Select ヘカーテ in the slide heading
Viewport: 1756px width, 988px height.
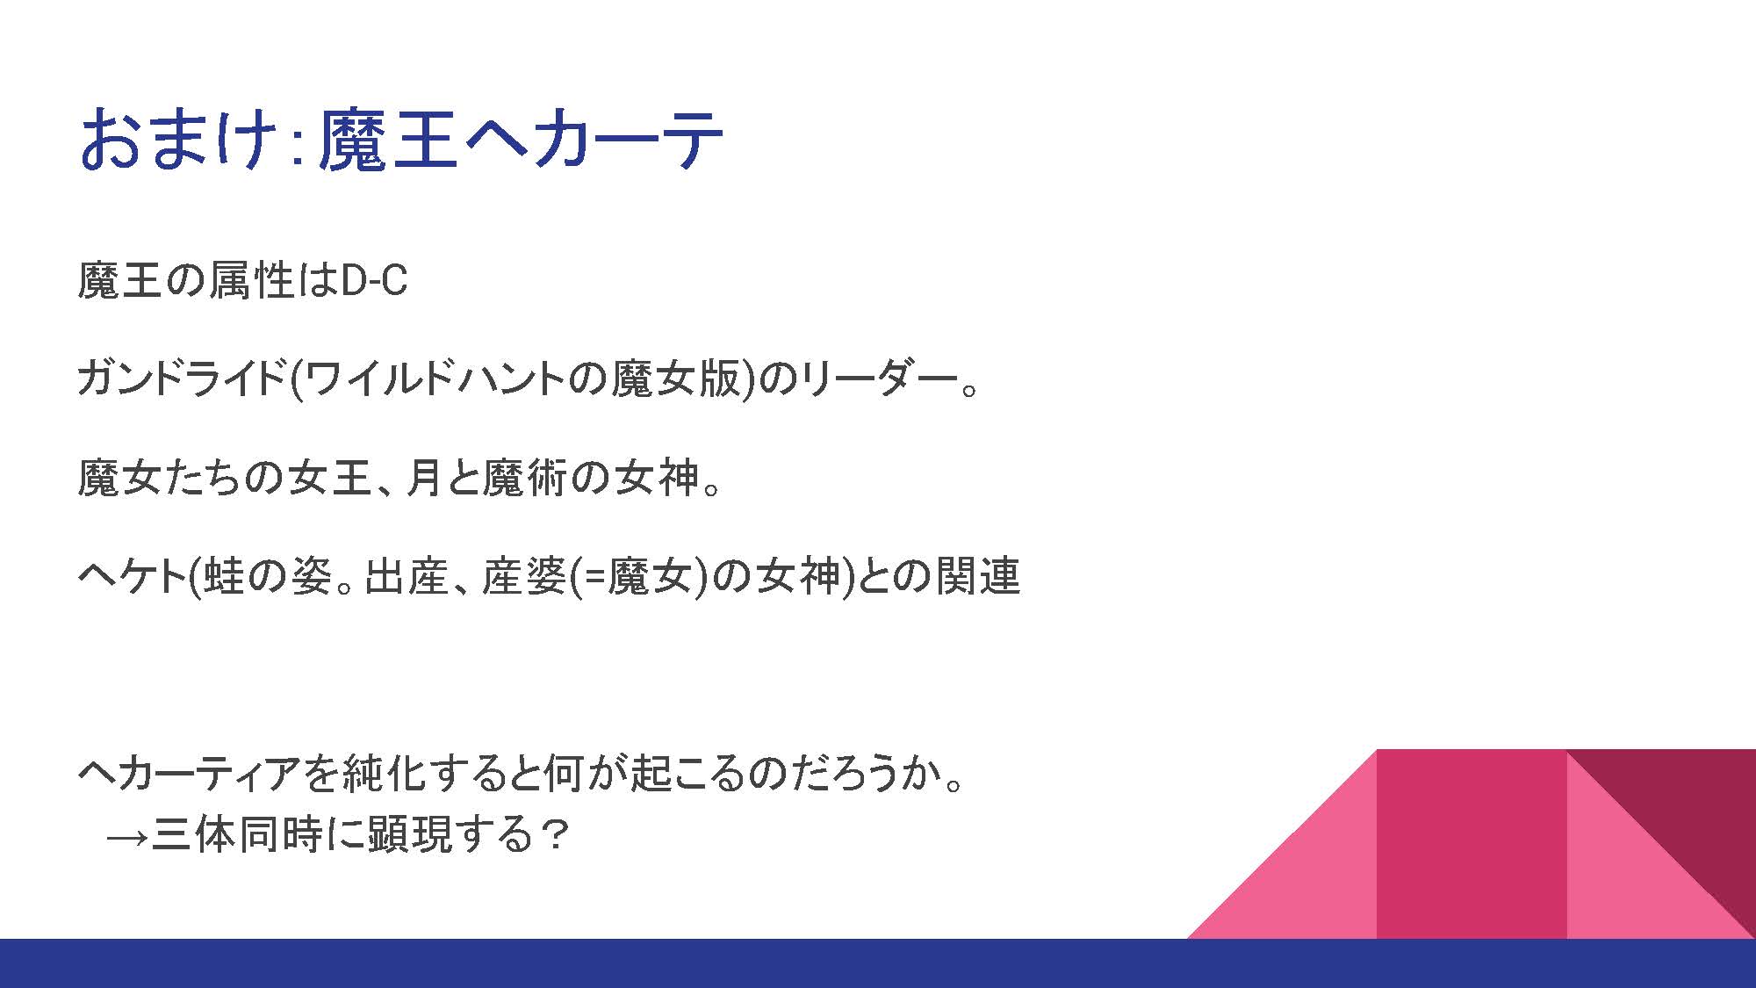coord(591,139)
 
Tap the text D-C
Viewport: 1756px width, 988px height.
coord(374,281)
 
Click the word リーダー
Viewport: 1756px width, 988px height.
coord(878,379)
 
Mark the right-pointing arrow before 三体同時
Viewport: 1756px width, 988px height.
coord(126,835)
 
